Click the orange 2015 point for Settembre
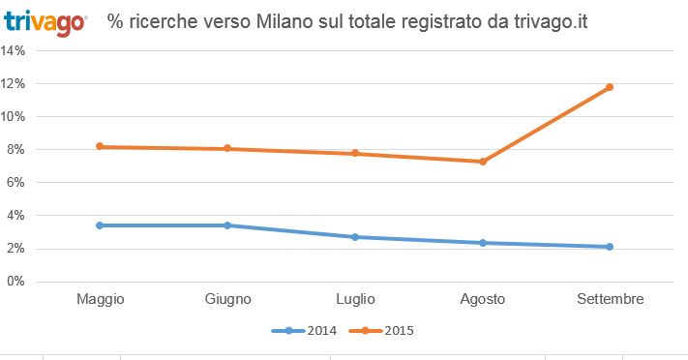pos(610,87)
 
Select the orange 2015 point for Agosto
pos(482,162)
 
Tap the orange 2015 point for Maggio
pos(99,147)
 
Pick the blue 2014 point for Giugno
pos(227,225)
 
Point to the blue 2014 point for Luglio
pos(355,237)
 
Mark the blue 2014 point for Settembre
pos(610,247)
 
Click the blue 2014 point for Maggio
pos(99,225)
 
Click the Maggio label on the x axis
pos(100,299)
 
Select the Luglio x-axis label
pos(355,299)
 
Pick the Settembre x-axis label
pos(610,299)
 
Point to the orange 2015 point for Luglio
pos(355,153)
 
